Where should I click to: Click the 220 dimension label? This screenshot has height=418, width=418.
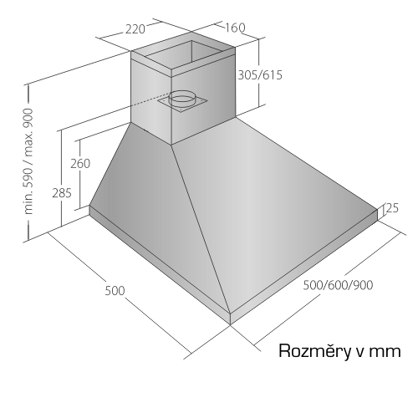(135, 29)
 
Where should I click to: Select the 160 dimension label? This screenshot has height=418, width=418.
(235, 28)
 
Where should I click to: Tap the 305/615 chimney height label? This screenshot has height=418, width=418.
(260, 75)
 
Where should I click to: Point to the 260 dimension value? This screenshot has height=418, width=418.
(80, 164)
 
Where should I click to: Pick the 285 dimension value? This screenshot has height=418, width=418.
(62, 193)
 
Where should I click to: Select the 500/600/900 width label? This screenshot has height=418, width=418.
(338, 285)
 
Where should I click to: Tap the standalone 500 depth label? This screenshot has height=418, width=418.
(115, 291)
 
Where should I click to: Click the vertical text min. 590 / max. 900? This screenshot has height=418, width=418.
(28, 161)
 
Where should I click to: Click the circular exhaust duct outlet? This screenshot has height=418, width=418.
(181, 99)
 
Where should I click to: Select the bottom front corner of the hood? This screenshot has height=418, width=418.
(231, 324)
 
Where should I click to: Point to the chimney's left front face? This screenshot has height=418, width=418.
(151, 99)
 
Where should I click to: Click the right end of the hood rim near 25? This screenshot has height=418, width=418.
(378, 215)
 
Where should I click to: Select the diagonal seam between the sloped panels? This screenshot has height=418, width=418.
(201, 228)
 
